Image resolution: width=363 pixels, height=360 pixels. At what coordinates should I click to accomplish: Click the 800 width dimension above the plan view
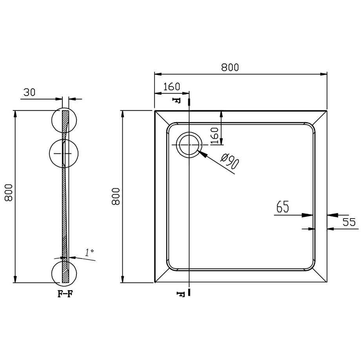(x=230, y=67)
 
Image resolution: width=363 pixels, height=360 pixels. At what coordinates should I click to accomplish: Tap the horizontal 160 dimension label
(x=172, y=87)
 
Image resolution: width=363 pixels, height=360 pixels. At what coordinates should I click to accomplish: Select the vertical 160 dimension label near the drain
(x=214, y=136)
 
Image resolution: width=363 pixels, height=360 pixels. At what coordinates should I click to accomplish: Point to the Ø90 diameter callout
(x=230, y=161)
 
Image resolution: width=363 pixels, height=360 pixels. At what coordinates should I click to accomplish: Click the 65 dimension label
(x=283, y=206)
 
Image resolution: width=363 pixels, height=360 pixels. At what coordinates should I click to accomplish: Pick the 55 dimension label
(x=349, y=222)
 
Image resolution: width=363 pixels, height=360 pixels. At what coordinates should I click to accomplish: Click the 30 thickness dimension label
(x=29, y=92)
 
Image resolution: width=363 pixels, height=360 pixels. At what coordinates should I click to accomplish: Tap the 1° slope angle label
(x=89, y=252)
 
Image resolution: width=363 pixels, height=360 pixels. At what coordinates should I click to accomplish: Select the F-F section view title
(x=65, y=294)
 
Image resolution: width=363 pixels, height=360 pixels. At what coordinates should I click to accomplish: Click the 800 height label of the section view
(x=9, y=193)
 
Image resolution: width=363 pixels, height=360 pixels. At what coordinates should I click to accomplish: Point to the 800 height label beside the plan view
(x=116, y=196)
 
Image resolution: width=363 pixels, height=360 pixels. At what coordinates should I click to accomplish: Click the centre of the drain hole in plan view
(x=189, y=145)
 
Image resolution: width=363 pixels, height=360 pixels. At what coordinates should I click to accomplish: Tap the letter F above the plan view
(x=176, y=100)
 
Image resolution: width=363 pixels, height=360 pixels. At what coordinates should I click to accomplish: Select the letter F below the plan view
(x=181, y=294)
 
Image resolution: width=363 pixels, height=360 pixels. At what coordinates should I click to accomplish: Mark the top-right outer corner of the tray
(x=327, y=111)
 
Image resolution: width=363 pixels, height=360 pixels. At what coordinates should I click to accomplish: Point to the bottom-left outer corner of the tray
(x=154, y=282)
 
